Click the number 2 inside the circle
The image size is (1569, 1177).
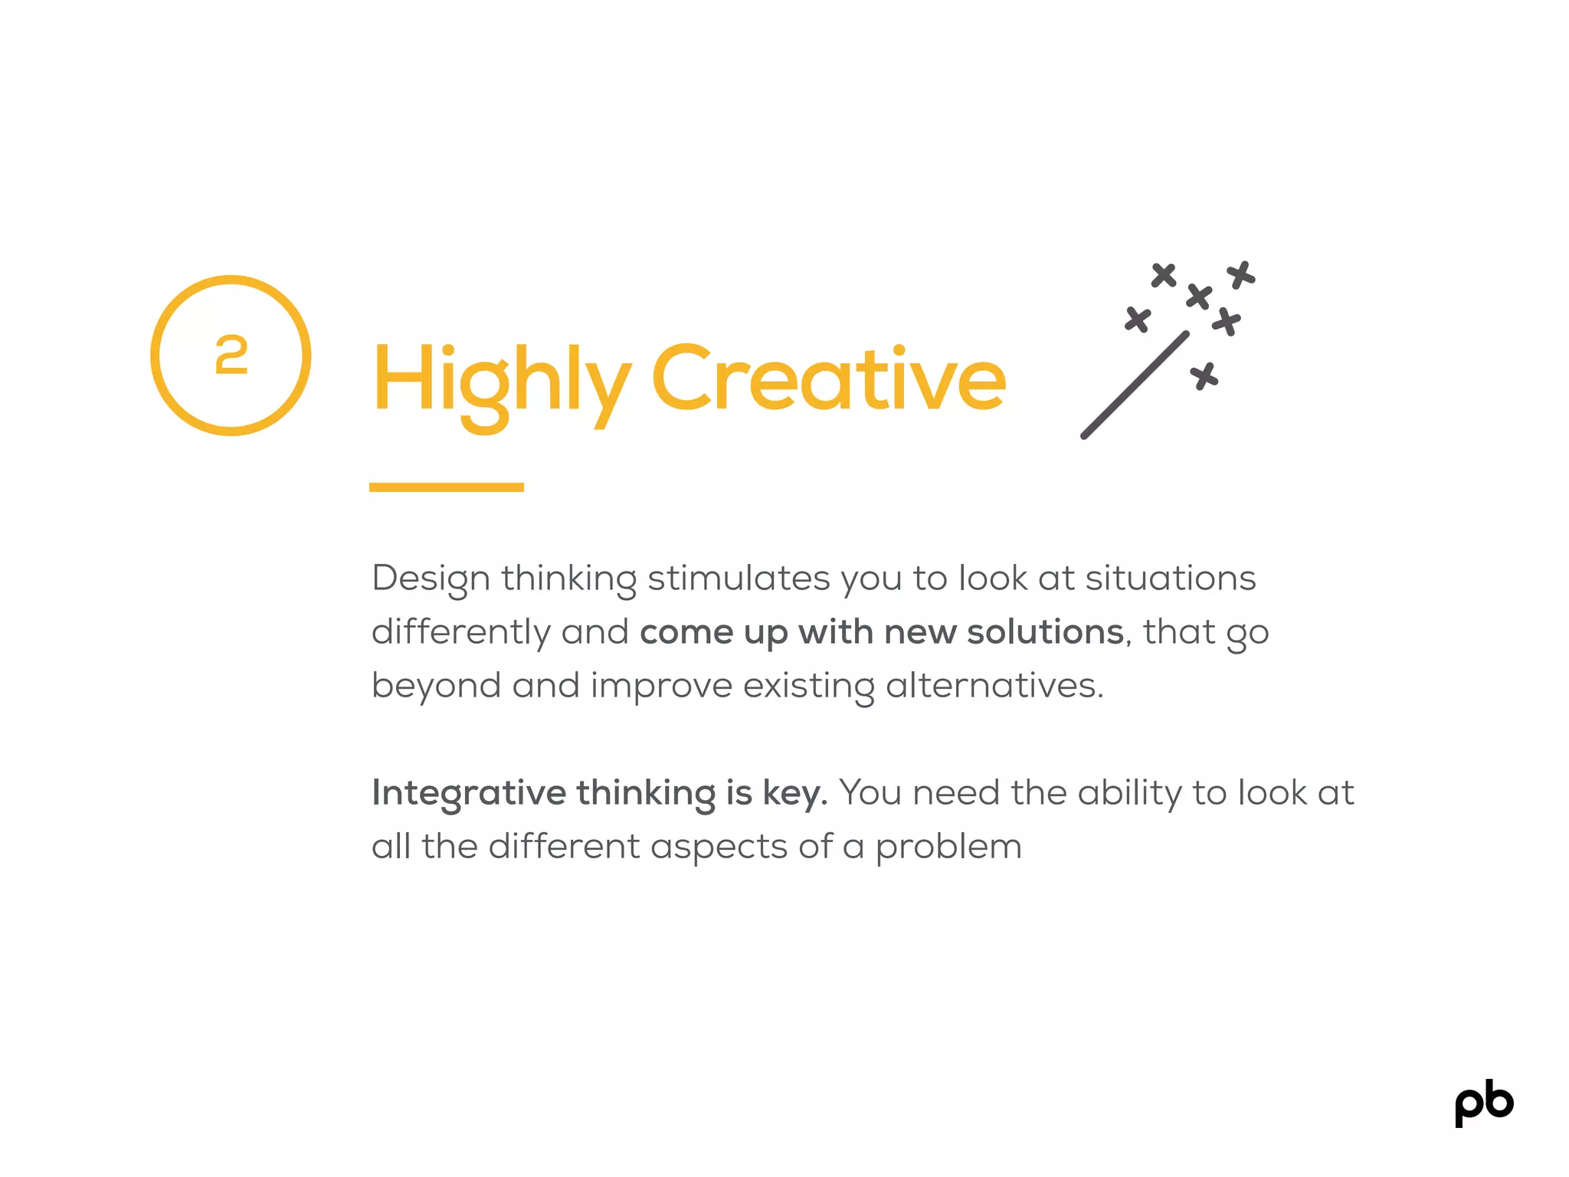pyautogui.click(x=231, y=356)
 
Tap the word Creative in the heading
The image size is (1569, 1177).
pyautogui.click(x=828, y=379)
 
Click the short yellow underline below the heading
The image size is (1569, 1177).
pyautogui.click(x=446, y=487)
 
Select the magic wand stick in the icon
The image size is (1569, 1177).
pyautogui.click(x=1135, y=385)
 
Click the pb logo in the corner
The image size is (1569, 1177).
pyautogui.click(x=1483, y=1104)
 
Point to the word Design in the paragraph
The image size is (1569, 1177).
pyautogui.click(x=431, y=579)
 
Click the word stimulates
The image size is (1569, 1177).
pyautogui.click(x=739, y=578)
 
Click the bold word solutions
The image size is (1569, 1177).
pyautogui.click(x=1045, y=632)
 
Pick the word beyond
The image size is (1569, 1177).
pyautogui.click(x=436, y=686)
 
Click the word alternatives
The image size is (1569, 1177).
pyautogui.click(x=994, y=685)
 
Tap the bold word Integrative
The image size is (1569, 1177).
pyautogui.click(x=468, y=793)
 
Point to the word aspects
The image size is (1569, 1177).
pyautogui.click(x=719, y=848)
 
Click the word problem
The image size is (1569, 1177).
pyautogui.click(x=948, y=848)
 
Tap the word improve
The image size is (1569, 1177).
pyautogui.click(x=661, y=686)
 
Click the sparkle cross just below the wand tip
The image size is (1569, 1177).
pyautogui.click(x=1204, y=376)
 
